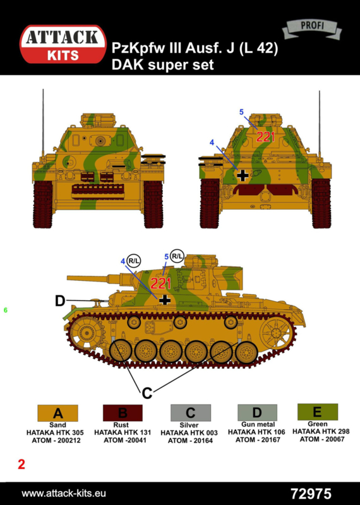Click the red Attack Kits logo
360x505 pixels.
coord(63,44)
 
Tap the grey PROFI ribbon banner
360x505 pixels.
coord(312,28)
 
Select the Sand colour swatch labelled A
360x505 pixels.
coord(57,413)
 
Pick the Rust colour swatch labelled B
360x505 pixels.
coord(123,413)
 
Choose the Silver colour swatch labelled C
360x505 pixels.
coord(191,413)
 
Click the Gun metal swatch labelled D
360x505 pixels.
coord(257,413)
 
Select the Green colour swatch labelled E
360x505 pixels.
coord(318,412)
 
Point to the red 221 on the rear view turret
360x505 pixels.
coord(265,137)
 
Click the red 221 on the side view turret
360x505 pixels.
coord(160,283)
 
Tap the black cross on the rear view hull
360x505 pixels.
coord(243,175)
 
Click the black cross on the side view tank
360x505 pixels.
coord(165,300)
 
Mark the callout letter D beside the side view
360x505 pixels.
coord(60,301)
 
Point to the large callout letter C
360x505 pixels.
coord(147,393)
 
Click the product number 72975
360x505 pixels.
coord(311,494)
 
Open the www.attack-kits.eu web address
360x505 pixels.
coord(64,494)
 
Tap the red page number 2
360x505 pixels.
coord(21,465)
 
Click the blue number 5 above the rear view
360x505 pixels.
coord(242,112)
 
